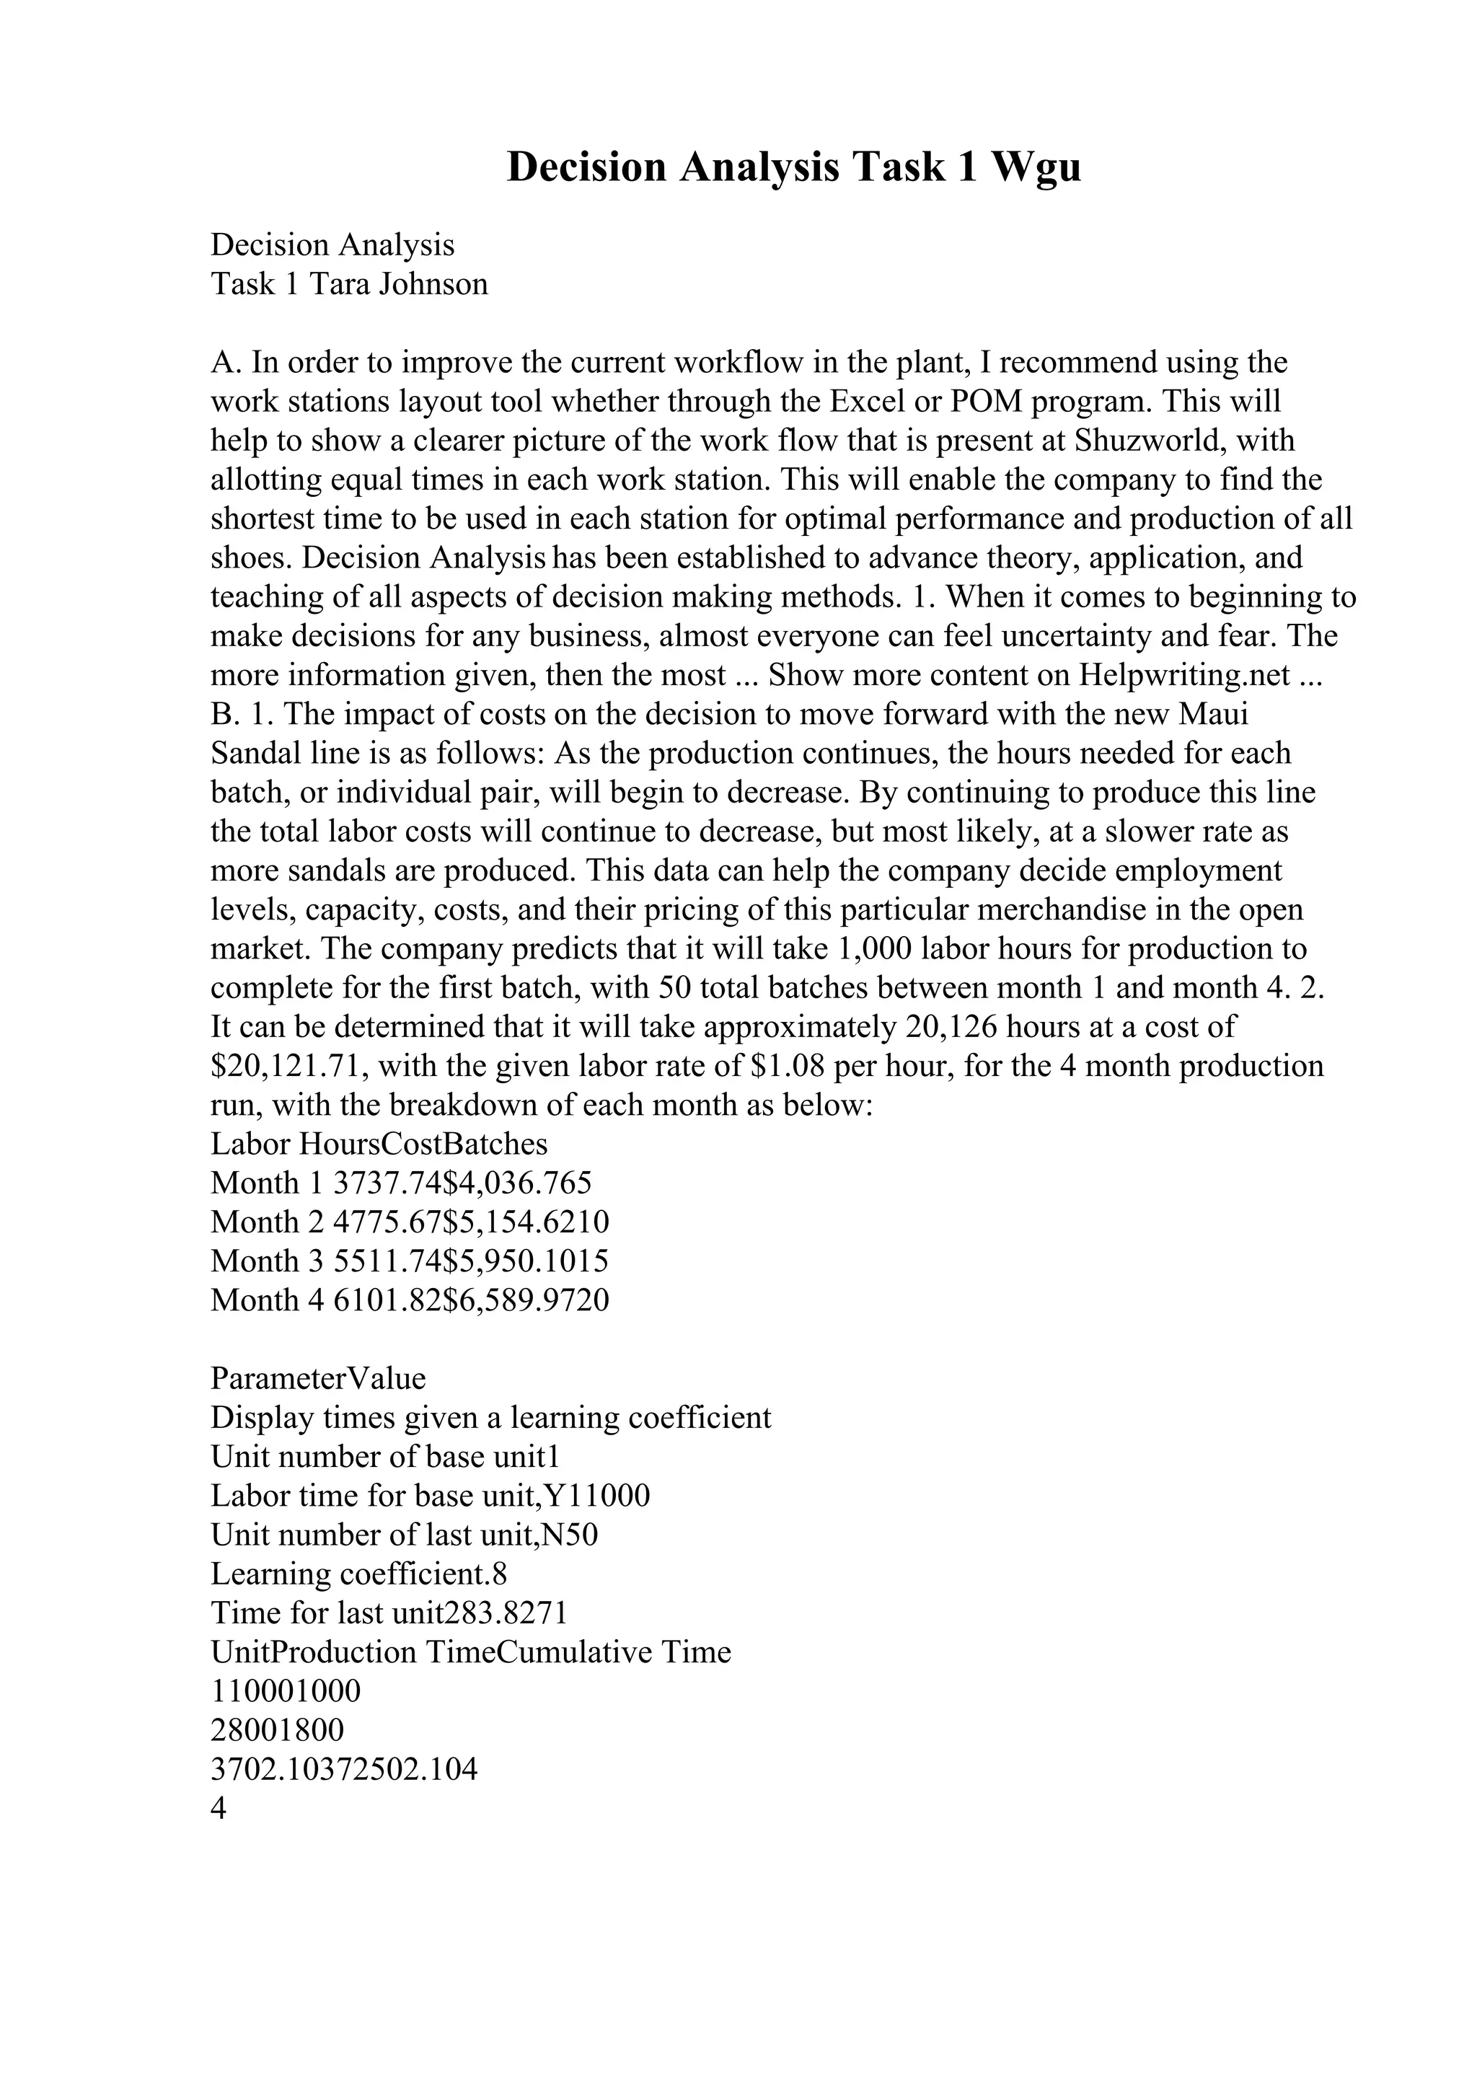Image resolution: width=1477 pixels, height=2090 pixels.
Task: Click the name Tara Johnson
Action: [399, 284]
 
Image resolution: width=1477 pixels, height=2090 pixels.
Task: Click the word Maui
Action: [1213, 714]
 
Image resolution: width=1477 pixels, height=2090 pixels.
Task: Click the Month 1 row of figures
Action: [400, 1183]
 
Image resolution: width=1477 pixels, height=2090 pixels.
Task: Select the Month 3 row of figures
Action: [410, 1261]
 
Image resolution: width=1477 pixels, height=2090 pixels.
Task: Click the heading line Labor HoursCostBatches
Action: [379, 1145]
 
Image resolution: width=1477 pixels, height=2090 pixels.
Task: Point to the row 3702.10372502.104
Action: [343, 1770]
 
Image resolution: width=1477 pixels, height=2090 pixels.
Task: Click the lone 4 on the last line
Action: [219, 1809]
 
